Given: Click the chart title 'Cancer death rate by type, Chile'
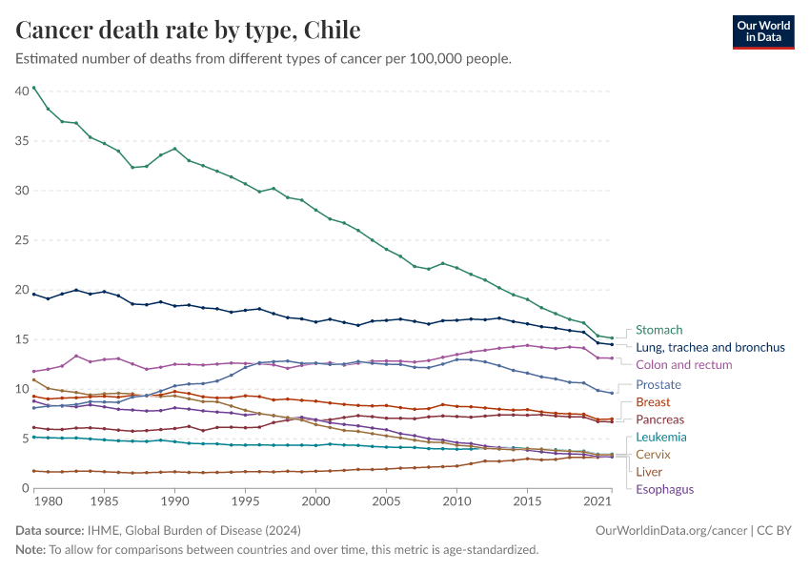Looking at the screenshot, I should pos(188,31).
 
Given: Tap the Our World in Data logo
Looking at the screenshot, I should pos(762,31).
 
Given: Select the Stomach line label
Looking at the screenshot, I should pos(659,331).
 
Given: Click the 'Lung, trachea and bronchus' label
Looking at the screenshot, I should pos(710,348).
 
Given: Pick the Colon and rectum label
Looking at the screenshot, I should pos(683,365).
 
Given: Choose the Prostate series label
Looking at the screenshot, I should pos(659,385).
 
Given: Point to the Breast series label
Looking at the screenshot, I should pos(653,402).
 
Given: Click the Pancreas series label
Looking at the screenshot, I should pos(659,419).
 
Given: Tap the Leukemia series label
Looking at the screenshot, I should pos(660,437).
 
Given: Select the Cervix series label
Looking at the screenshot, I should pos(653,454).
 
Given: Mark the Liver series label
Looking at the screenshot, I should pos(649,471).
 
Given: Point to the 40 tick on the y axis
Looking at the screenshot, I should pos(21,92).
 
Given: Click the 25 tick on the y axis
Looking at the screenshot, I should pos(21,240).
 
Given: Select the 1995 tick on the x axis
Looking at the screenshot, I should pos(245,500).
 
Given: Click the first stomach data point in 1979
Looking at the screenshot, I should pos(34,88).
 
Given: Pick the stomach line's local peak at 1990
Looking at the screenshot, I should pos(174,149).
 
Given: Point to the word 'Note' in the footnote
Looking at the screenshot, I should pos(30,550).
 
